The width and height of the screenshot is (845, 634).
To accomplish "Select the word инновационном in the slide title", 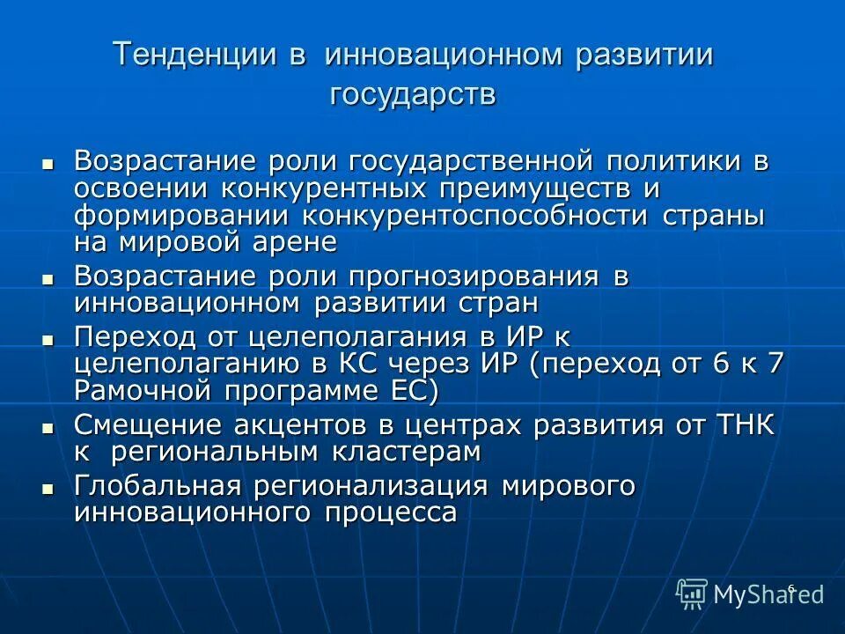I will pyautogui.click(x=444, y=55).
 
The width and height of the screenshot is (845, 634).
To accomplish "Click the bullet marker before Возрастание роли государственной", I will pyautogui.click(x=48, y=163).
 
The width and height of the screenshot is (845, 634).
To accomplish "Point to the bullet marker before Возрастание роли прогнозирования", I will pyautogui.click(x=48, y=277).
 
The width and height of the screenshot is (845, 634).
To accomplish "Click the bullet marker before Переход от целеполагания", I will pyautogui.click(x=48, y=339).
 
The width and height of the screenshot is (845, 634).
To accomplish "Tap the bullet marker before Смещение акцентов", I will pyautogui.click(x=48, y=427).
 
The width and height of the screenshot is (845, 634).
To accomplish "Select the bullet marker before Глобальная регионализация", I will pyautogui.click(x=48, y=487).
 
